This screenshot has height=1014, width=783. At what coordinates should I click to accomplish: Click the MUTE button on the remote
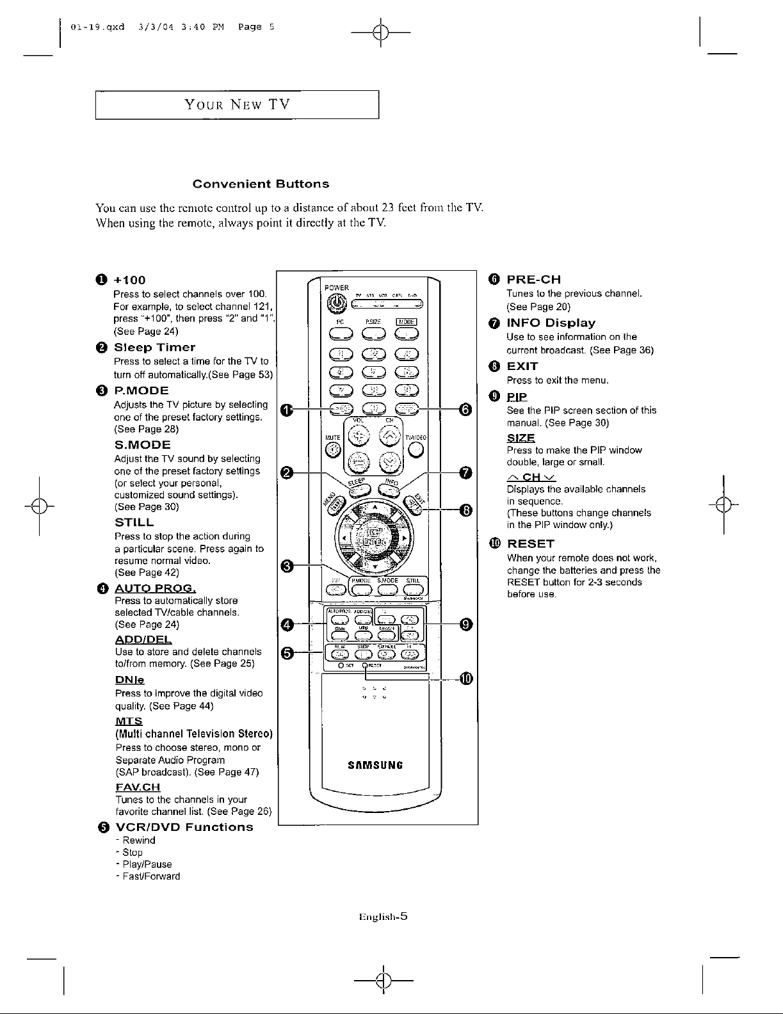(333, 451)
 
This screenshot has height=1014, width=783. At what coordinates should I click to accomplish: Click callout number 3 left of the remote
(287, 565)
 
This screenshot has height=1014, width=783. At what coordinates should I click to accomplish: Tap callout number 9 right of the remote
(466, 624)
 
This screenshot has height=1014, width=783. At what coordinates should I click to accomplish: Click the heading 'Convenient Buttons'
(261, 184)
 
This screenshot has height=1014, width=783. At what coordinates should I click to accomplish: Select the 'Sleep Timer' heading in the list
(154, 348)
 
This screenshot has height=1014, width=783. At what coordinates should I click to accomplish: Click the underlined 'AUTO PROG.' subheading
(155, 588)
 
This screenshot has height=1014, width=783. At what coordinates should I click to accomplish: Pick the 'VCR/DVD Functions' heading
(183, 827)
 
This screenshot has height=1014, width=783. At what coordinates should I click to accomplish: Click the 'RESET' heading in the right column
(531, 544)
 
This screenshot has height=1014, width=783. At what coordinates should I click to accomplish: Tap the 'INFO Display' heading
(551, 323)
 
